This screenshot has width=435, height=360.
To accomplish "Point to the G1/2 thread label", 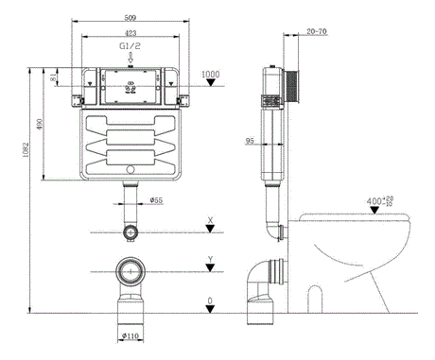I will [130, 45].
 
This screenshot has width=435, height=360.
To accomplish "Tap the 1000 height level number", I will [210, 74].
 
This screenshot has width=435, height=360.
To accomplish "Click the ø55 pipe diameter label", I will [156, 199].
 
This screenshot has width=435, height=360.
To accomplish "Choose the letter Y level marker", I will [210, 259].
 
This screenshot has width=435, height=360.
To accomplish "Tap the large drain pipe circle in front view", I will [130, 273].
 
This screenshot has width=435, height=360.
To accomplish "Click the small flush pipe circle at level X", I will [130, 231].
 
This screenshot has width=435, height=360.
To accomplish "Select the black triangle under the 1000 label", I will [210, 84].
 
